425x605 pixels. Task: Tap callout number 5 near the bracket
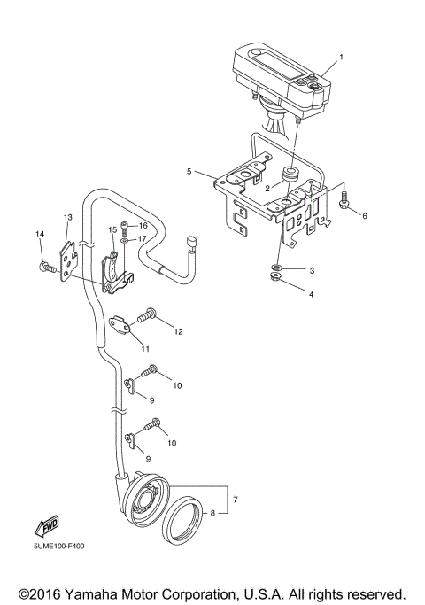189,171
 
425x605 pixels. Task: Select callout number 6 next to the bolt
362,215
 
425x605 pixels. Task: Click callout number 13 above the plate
67,217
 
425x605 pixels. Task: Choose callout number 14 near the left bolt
39,234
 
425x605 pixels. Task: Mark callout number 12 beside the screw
178,331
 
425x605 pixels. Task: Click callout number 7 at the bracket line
235,501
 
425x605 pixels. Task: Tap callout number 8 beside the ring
212,513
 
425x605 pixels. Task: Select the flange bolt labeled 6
346,201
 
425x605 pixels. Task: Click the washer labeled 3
277,266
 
